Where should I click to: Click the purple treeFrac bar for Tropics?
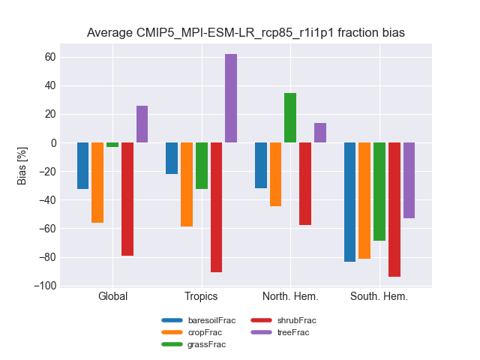point(231,98)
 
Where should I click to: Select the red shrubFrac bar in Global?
point(127,199)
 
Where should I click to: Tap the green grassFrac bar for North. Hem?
point(290,118)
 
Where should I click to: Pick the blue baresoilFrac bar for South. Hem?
point(349,202)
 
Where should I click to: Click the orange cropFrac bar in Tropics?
point(187,184)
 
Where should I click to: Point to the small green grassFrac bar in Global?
point(112,145)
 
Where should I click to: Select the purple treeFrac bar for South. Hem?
point(409,180)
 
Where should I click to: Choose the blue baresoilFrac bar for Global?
point(82,166)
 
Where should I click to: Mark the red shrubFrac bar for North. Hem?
point(305,184)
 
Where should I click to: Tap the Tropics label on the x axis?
point(201,296)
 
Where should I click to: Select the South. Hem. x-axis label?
point(379,296)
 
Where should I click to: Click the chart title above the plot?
point(245,33)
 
